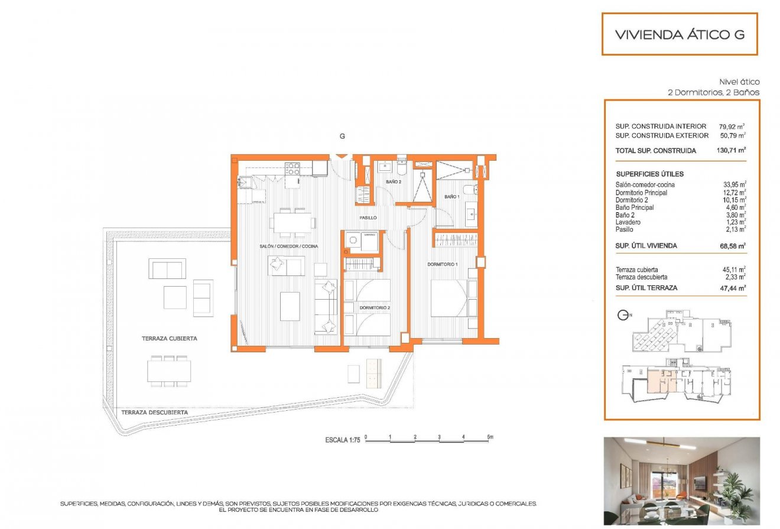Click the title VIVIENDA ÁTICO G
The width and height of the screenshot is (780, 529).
click(x=680, y=34)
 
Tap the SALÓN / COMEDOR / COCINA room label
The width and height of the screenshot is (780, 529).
click(x=289, y=246)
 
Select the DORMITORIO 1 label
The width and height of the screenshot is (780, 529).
click(x=443, y=264)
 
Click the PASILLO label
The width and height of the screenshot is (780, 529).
click(x=368, y=218)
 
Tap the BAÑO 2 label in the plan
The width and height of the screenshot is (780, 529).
click(x=394, y=182)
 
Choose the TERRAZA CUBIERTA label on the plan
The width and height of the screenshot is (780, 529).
click(x=169, y=339)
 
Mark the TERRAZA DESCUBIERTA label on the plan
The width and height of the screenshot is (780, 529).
click(x=155, y=413)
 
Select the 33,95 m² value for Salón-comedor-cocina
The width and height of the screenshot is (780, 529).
click(x=732, y=184)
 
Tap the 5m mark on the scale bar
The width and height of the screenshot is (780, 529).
click(x=489, y=437)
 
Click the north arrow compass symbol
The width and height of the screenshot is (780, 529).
click(x=623, y=315)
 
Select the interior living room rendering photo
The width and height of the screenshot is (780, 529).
click(x=681, y=481)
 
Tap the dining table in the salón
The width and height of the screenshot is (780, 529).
click(x=294, y=223)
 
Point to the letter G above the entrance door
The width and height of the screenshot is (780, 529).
click(x=342, y=137)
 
